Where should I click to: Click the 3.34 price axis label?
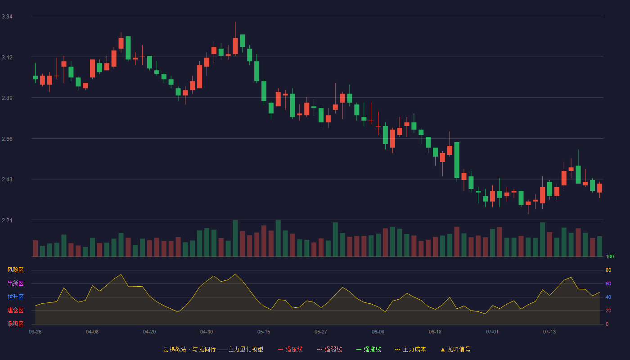pyautogui.click(x=7, y=17)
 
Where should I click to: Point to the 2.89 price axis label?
pyautogui.click(x=7, y=98)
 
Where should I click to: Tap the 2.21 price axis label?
pyautogui.click(x=7, y=220)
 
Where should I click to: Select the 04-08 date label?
pyautogui.click(x=92, y=332)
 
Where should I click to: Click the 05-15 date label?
pyautogui.click(x=264, y=332)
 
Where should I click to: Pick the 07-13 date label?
pyautogui.click(x=549, y=332)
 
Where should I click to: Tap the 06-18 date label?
pyautogui.click(x=435, y=332)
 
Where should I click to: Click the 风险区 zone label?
pyautogui.click(x=15, y=270)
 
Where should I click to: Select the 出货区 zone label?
pyautogui.click(x=15, y=283)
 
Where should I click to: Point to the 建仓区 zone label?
pyautogui.click(x=15, y=310)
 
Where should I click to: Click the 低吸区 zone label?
pyautogui.click(x=15, y=324)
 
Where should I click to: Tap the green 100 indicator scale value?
pyautogui.click(x=610, y=256)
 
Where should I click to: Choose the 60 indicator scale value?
pyautogui.click(x=608, y=283)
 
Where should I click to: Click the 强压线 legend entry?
pyautogui.click(x=290, y=349)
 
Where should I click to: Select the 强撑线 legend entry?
pyautogui.click(x=369, y=349)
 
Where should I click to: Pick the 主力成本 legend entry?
pyautogui.click(x=410, y=349)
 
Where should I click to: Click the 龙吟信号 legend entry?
pyautogui.click(x=455, y=349)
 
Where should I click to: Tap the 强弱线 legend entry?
pyautogui.click(x=329, y=349)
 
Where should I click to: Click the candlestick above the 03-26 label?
pyautogui.click(x=35, y=77)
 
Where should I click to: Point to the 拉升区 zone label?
pyautogui.click(x=15, y=297)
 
